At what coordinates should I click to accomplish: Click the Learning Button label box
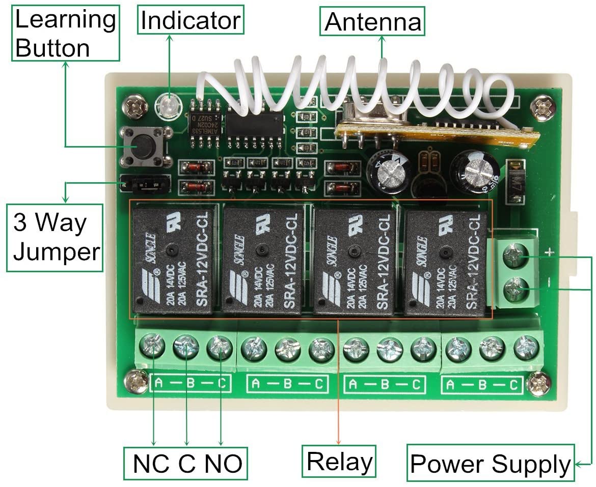65,33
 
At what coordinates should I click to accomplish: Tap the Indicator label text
191,21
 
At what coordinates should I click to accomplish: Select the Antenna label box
373,21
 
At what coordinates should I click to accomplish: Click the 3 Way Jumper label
56,238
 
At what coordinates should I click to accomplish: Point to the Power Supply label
490,464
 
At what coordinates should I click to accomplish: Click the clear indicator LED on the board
166,105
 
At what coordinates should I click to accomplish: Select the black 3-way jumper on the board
144,184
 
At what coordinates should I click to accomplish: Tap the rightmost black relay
446,261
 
